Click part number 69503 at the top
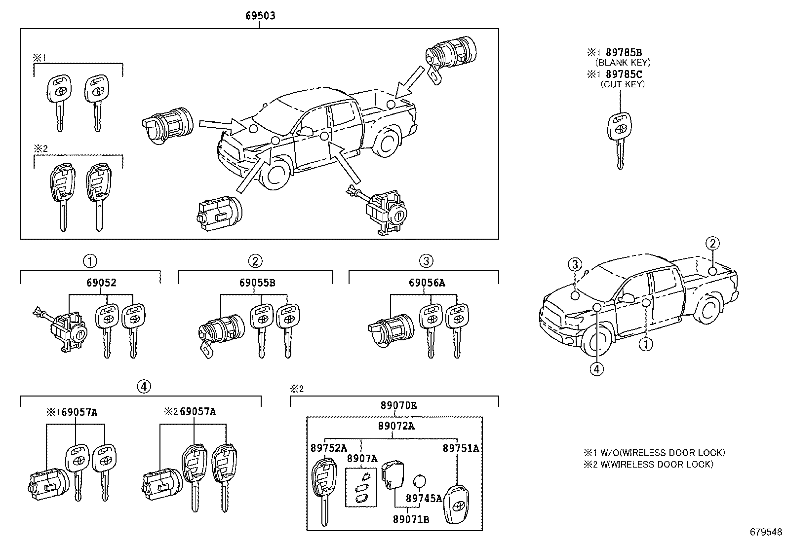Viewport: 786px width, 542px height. pyautogui.click(x=260, y=16)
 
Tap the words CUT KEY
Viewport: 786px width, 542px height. pyautogui.click(x=623, y=84)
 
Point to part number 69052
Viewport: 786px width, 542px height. pyautogui.click(x=101, y=283)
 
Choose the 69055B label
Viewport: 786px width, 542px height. pyautogui.click(x=257, y=283)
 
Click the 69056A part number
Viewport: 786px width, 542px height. pyautogui.click(x=427, y=283)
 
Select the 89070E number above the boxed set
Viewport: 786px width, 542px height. pyautogui.click(x=398, y=405)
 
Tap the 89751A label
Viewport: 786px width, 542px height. pyautogui.click(x=461, y=448)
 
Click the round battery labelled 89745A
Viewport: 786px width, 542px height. pyautogui.click(x=419, y=481)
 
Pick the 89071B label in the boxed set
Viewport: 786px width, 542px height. pyautogui.click(x=411, y=519)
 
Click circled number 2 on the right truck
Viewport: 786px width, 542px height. pyautogui.click(x=712, y=243)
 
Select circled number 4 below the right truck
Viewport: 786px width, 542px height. pyautogui.click(x=597, y=368)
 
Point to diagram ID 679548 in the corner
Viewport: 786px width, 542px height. pyautogui.click(x=765, y=532)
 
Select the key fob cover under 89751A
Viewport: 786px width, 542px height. pyautogui.click(x=456, y=505)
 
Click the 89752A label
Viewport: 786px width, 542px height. pyautogui.click(x=328, y=448)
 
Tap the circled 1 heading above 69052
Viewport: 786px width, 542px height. pyautogui.click(x=90, y=261)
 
